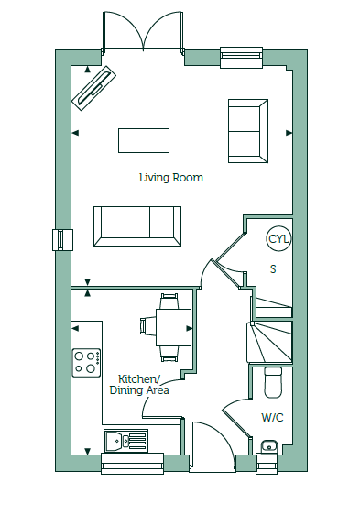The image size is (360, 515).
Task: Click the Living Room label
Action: point(171,178)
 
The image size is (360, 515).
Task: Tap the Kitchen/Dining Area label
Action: point(139,385)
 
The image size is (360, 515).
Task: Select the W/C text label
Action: point(272,418)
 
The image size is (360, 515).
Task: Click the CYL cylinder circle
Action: point(278,239)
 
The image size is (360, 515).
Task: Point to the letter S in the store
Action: point(273,269)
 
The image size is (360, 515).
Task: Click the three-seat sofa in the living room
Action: point(137,226)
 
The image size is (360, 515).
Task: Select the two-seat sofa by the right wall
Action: point(248,131)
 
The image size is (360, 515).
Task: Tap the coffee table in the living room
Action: point(144,140)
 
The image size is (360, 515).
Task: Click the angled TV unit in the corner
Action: point(94,88)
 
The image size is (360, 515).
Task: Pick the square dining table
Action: point(173,327)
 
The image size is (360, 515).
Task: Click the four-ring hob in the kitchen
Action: point(87,363)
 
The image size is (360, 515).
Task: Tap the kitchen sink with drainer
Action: point(125,441)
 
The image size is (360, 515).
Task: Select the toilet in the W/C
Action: point(273,382)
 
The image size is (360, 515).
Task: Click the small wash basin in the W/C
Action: point(269,446)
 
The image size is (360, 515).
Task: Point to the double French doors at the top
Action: point(143,31)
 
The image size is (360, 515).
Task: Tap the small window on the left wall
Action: point(62,240)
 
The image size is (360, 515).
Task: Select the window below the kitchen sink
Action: point(133,464)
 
